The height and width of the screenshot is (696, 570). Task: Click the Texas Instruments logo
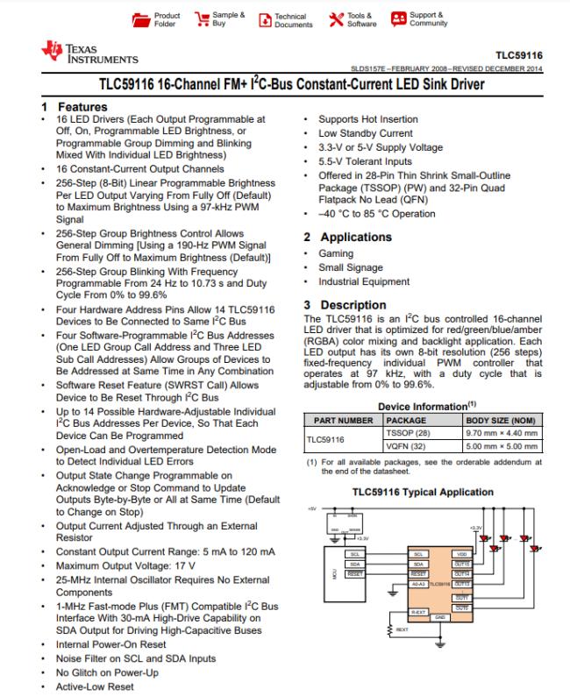89,53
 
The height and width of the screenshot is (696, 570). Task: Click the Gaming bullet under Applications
336,253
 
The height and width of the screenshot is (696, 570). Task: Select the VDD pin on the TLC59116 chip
460,554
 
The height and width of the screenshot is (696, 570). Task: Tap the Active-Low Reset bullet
94,686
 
